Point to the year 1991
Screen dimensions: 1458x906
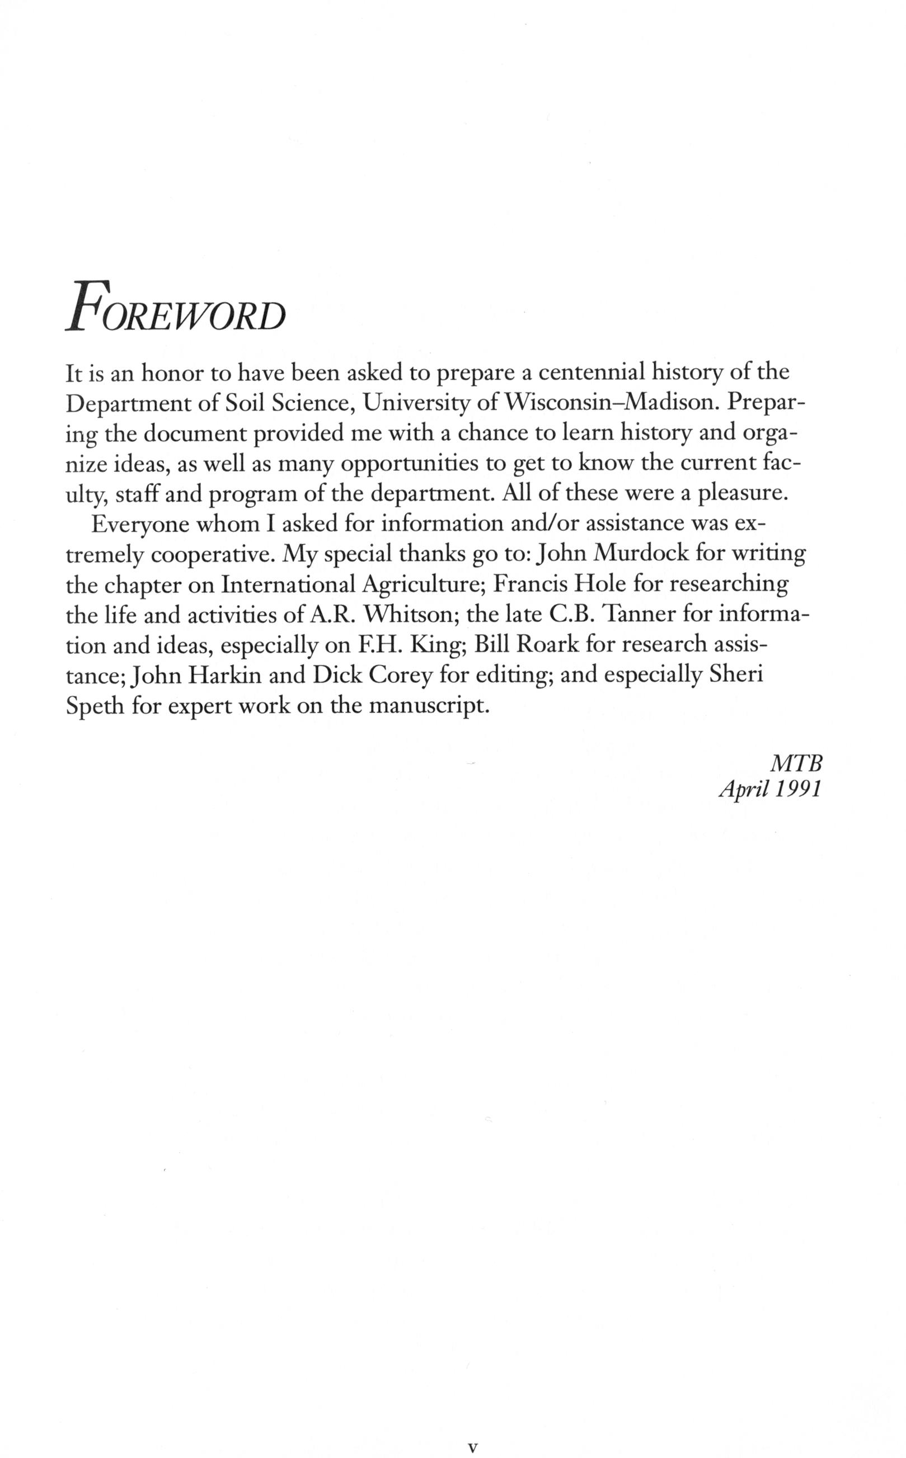click(x=797, y=790)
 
